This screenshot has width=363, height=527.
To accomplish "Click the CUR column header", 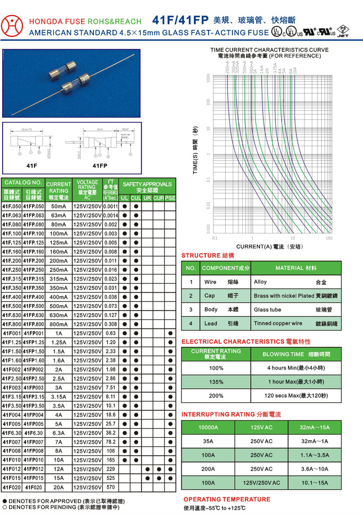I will click(159, 198).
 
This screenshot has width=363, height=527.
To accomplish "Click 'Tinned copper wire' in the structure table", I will click(278, 323).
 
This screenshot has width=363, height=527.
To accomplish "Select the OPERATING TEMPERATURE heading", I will click(226, 499).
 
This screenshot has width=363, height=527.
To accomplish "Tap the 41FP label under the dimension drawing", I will click(100, 166).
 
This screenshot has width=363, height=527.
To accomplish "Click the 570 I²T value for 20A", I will click(110, 487).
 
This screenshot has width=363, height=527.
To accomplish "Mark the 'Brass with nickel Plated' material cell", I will click(279, 296).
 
